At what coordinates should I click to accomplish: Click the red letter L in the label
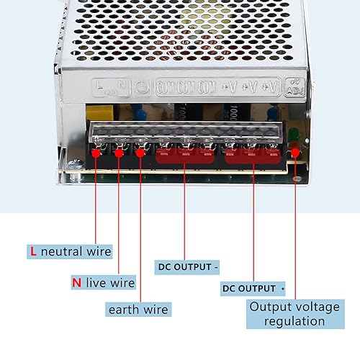[x=32, y=251]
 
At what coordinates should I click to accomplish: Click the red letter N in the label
[x=76, y=282]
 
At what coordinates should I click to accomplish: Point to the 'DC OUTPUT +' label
[x=252, y=289]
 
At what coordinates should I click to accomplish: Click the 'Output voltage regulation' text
[x=294, y=313]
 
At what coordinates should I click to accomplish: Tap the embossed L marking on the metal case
[x=99, y=86]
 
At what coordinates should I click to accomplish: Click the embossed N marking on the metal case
[x=121, y=86]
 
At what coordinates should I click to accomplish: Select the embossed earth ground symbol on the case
[x=142, y=88]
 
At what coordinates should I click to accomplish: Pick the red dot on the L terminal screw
[x=96, y=152]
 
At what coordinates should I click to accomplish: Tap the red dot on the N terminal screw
[x=117, y=152]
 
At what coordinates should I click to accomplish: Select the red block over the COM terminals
[x=185, y=156]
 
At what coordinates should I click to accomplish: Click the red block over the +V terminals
[x=252, y=156]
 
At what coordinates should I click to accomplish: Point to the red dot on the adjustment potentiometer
[x=295, y=152]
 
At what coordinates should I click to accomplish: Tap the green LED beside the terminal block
[x=292, y=135]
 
